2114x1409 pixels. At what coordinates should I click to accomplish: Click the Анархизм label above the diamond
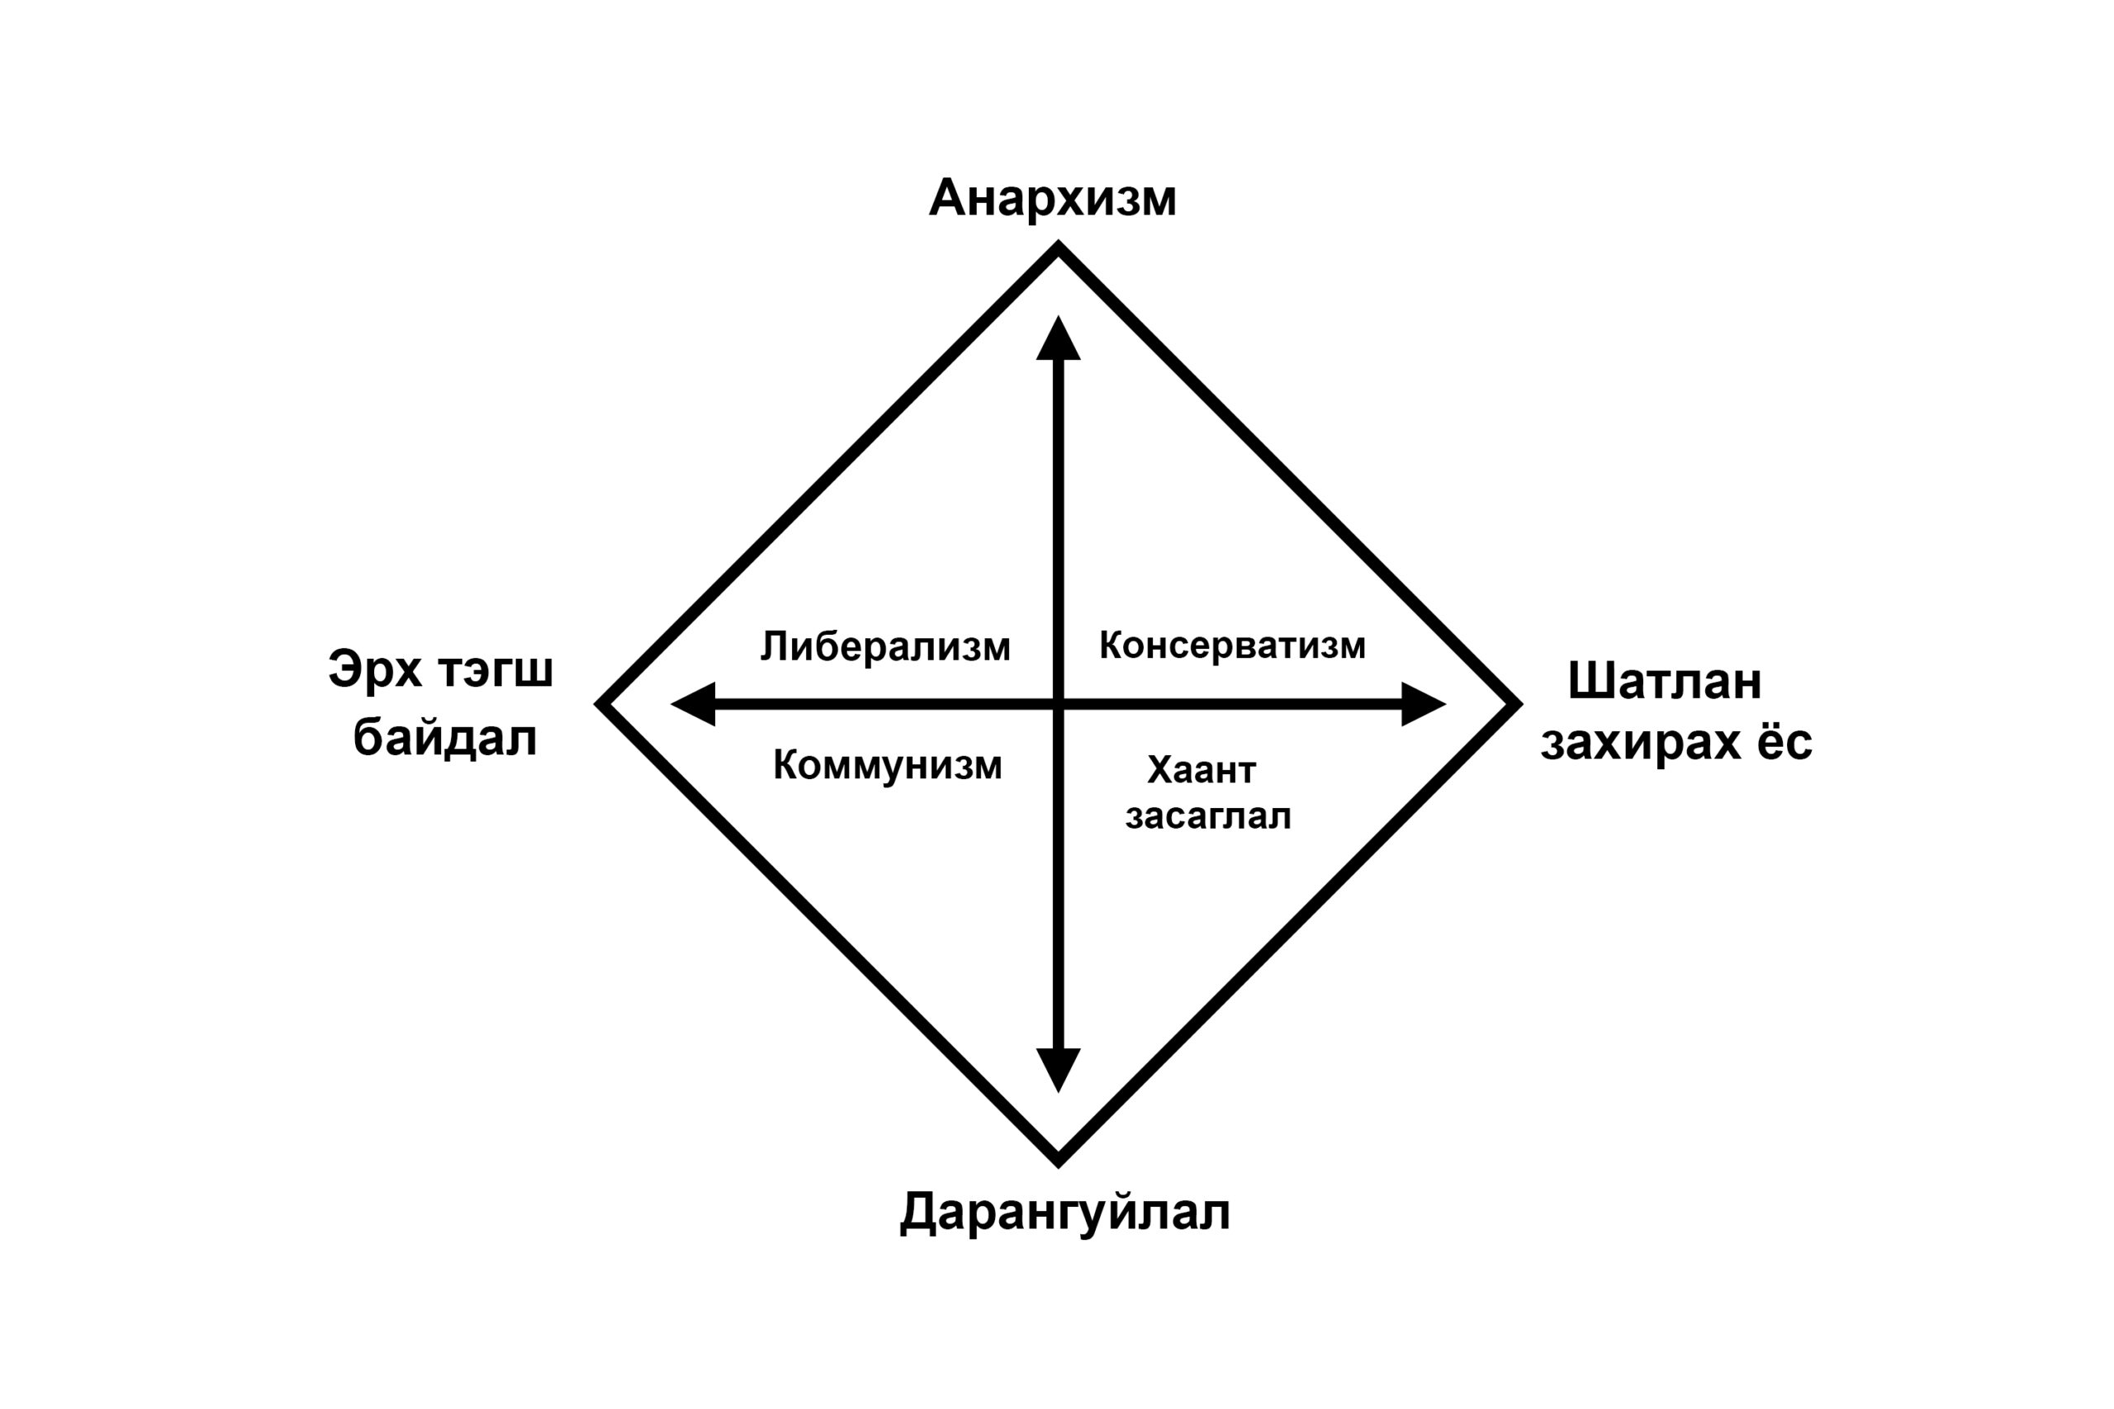(x=1053, y=199)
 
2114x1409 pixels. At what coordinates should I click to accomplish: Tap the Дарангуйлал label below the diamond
(x=1065, y=1213)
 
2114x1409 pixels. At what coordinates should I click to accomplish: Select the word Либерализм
(x=885, y=647)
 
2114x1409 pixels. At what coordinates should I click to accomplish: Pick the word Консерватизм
(x=1232, y=645)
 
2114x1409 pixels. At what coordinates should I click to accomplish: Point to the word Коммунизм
(x=887, y=766)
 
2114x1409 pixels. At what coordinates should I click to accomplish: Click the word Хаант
(x=1202, y=770)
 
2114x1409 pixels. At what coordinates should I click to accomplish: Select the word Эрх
(x=376, y=670)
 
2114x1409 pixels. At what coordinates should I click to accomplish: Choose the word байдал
(x=445, y=739)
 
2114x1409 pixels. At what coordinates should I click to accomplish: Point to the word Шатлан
(x=1665, y=681)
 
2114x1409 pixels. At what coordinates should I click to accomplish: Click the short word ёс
(x=1785, y=742)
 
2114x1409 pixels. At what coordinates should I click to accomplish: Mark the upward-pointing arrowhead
(x=1059, y=338)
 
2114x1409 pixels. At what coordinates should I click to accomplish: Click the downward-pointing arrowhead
(x=1059, y=1071)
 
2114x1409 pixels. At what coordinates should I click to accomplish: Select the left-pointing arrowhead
(x=693, y=705)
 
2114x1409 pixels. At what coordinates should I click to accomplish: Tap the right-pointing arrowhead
(x=1424, y=705)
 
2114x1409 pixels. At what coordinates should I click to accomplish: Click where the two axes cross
(x=1059, y=705)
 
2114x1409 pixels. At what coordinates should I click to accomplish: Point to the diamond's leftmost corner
(x=599, y=705)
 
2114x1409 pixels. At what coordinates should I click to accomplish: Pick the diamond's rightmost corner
(x=1519, y=705)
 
